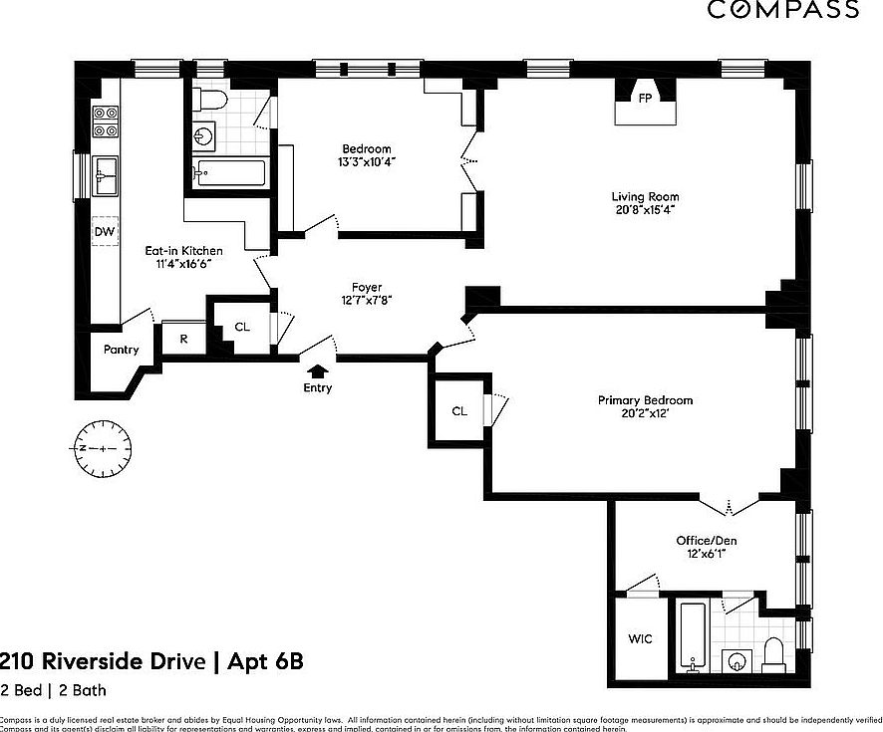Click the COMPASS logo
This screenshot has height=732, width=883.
click(x=783, y=10)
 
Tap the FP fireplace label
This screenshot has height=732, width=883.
click(x=645, y=99)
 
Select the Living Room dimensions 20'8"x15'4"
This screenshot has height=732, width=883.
click(x=645, y=210)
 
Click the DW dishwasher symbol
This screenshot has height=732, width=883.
click(x=105, y=232)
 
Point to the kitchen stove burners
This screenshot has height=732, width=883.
click(x=105, y=121)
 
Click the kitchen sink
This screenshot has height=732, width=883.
click(x=105, y=175)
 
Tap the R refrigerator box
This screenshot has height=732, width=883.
click(x=182, y=339)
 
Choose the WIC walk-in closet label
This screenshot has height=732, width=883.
click(x=641, y=638)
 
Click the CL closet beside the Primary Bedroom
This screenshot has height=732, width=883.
click(x=458, y=410)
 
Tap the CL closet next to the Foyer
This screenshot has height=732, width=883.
click(x=242, y=327)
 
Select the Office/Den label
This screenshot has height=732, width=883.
click(x=707, y=541)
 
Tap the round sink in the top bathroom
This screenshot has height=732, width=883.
click(x=205, y=134)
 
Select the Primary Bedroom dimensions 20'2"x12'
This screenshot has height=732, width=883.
click(x=645, y=414)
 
